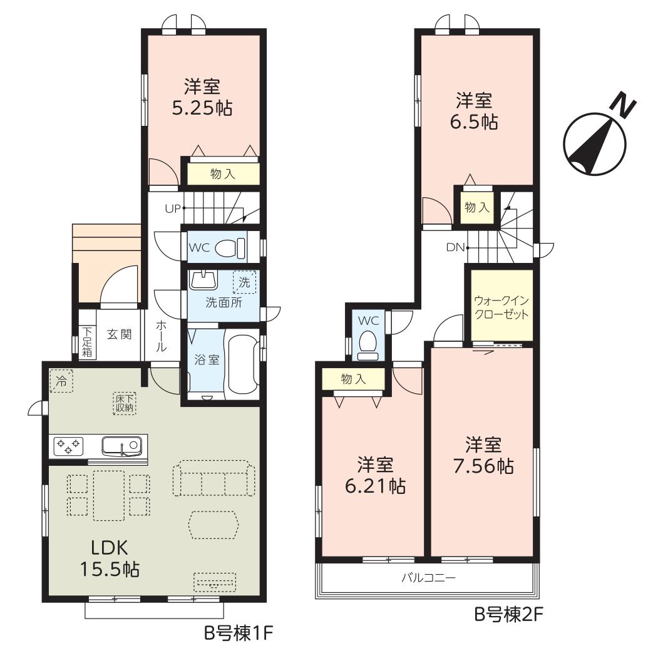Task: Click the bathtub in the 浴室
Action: click(x=243, y=361)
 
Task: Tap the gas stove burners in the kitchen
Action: click(x=67, y=446)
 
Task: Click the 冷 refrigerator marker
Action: click(x=61, y=381)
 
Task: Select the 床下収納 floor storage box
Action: click(x=125, y=403)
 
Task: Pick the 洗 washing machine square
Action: click(x=244, y=282)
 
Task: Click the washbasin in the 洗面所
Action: click(x=203, y=280)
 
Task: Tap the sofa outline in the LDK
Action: click(x=214, y=478)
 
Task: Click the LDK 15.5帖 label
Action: click(x=110, y=558)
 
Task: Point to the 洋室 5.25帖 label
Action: click(x=202, y=98)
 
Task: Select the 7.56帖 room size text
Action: click(x=483, y=466)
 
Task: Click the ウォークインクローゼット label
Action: click(x=501, y=307)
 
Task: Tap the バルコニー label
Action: click(x=428, y=578)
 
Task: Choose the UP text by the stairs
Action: click(x=172, y=208)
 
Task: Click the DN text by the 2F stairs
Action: click(x=455, y=247)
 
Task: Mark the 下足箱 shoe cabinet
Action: click(x=87, y=342)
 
